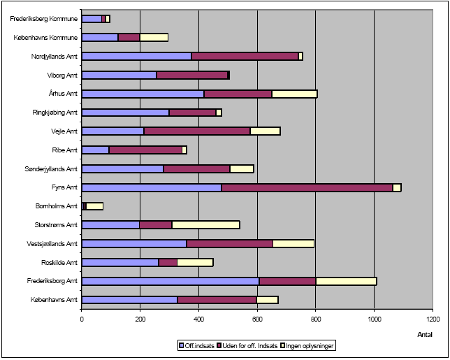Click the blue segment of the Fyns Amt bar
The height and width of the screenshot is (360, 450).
pos(152,187)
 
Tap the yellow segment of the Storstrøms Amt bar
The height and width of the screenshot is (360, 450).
pos(205,225)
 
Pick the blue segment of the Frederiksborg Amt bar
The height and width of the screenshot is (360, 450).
pos(170,281)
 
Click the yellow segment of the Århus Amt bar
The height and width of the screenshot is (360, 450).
pos(294,94)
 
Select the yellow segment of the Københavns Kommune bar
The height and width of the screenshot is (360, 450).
pos(154,37)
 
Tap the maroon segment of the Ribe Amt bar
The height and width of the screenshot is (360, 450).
pos(145,150)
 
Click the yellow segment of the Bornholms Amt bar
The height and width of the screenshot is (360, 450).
pos(94,206)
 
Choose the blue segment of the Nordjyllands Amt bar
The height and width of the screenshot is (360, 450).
pos(137,56)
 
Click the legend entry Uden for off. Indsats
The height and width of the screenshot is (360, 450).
pos(254,345)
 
